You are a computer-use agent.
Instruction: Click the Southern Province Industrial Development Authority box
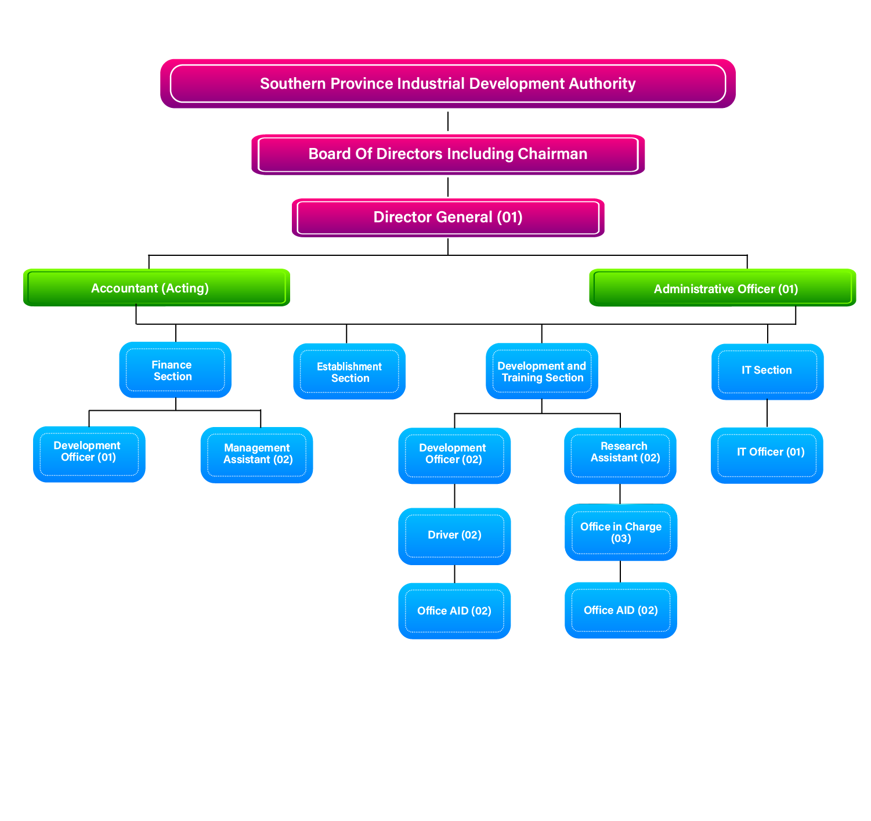[447, 84]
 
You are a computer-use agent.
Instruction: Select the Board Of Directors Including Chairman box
[447, 154]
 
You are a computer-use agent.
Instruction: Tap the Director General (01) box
[447, 218]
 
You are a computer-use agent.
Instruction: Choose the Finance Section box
[175, 370]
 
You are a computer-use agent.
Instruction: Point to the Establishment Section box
[349, 371]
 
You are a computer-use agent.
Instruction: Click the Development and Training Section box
[541, 371]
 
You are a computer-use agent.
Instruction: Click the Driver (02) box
[454, 536]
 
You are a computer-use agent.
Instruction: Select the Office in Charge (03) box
[620, 532]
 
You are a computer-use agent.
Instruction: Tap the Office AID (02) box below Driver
[454, 611]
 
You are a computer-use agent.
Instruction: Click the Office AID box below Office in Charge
[620, 610]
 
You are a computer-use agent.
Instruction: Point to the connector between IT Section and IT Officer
[767, 414]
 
